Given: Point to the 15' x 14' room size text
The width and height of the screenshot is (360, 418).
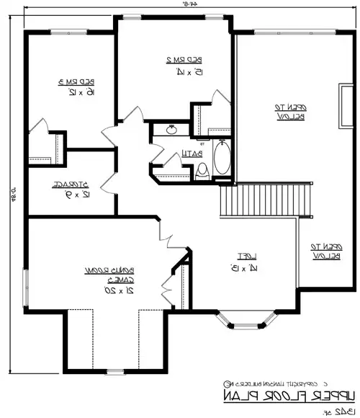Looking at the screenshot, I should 179,71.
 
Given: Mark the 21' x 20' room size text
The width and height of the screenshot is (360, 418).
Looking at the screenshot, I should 102,290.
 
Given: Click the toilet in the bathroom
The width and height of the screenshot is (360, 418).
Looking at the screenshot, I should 203,171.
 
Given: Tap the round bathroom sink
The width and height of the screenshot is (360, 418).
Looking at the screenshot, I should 172,130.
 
